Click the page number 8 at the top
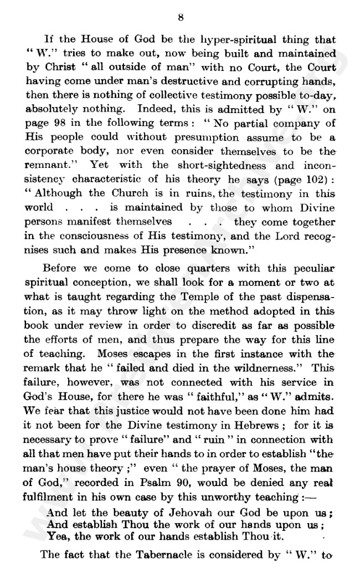pos(181,18)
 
